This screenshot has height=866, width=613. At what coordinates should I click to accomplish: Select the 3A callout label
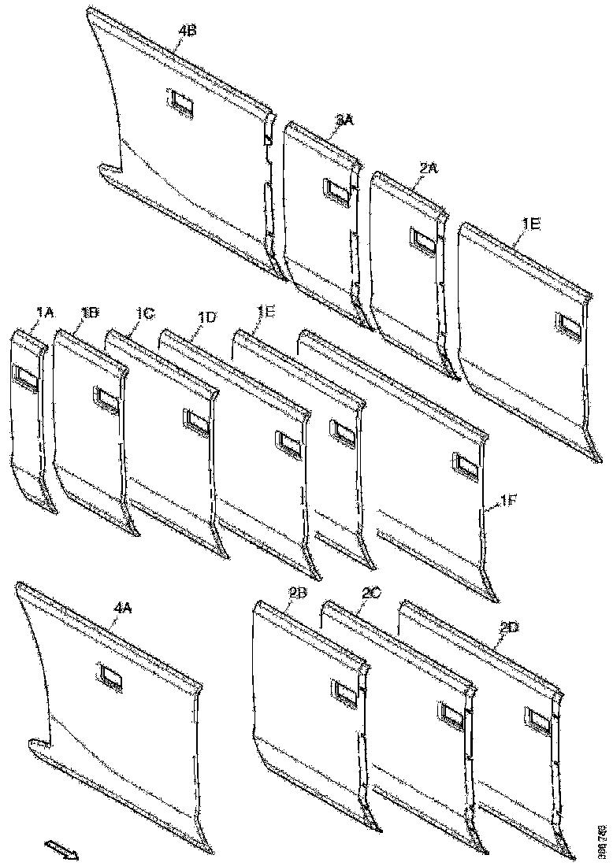click(x=344, y=119)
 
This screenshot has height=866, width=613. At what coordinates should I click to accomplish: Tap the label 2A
click(x=429, y=168)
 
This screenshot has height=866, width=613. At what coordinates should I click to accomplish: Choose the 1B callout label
click(x=89, y=313)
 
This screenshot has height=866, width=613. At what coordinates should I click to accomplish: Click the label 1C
click(x=143, y=313)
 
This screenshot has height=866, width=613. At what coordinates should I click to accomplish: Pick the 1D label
click(x=207, y=316)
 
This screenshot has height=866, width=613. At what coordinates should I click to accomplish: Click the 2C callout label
click(x=368, y=596)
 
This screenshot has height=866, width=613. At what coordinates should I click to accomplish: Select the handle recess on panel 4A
click(x=110, y=676)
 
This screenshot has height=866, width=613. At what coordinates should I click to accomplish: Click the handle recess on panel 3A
click(x=335, y=193)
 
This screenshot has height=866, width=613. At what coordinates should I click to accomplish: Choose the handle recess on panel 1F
click(x=466, y=466)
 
